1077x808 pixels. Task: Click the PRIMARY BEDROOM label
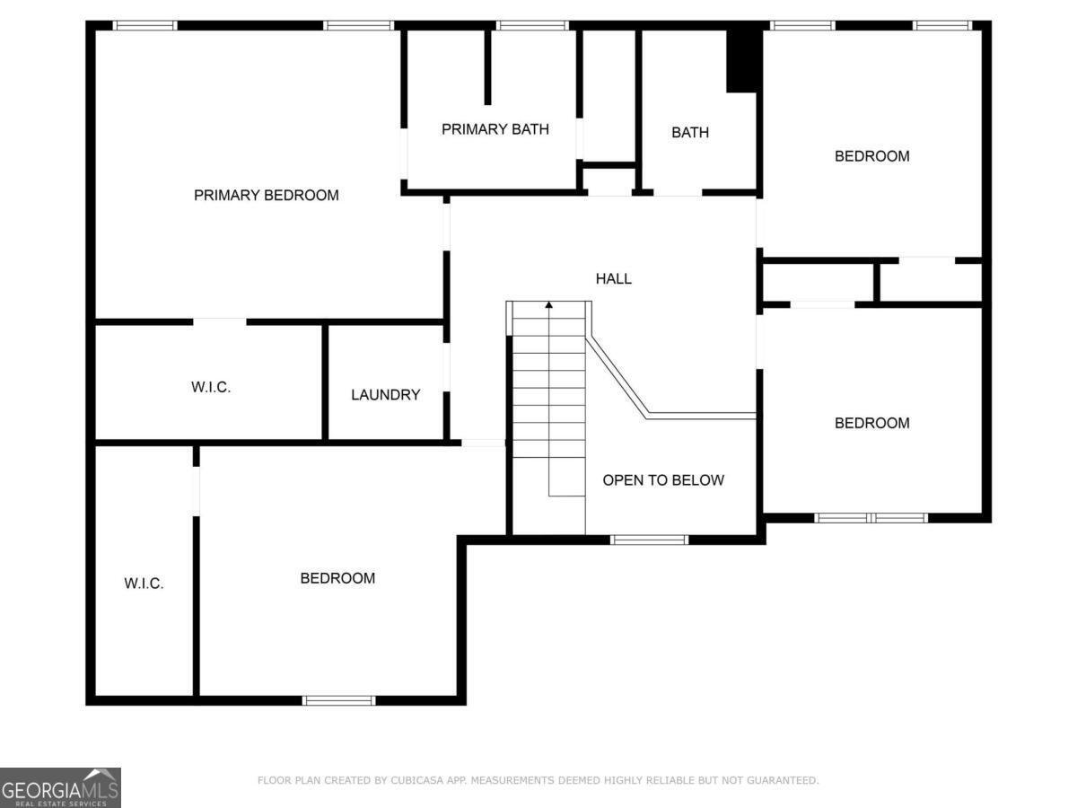tap(267, 195)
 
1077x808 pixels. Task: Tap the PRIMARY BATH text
tap(495, 129)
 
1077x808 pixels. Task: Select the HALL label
tap(614, 278)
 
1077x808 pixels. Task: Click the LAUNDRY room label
tap(385, 394)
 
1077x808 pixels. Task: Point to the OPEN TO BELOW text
tap(662, 480)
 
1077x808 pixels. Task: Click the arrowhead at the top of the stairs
tap(549, 306)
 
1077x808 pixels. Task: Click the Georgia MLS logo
tap(60, 787)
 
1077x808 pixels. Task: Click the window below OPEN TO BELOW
tap(650, 540)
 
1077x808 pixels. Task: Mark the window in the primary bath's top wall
tap(532, 25)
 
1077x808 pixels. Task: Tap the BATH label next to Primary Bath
tap(689, 133)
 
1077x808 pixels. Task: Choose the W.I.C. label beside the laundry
tap(211, 388)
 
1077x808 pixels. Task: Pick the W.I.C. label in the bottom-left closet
tap(144, 584)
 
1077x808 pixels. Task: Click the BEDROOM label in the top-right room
tap(871, 156)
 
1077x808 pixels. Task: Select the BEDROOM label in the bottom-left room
tap(337, 578)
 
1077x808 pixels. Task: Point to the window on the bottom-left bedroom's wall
tap(338, 700)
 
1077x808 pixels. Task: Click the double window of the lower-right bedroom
tap(871, 518)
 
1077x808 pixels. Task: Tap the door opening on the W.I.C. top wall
tap(219, 321)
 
